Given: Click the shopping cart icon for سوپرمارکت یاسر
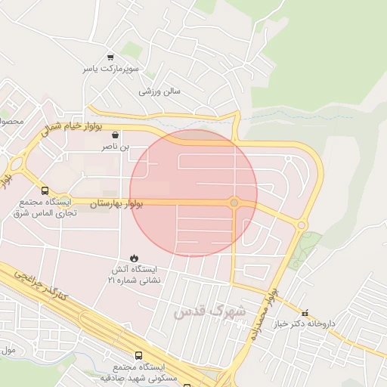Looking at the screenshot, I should [110, 57].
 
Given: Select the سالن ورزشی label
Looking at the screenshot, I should [160, 91].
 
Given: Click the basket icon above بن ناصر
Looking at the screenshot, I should [115, 135].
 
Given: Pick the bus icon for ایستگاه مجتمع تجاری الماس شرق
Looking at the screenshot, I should [45, 191].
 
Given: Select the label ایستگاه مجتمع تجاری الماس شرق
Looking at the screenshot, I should [43, 208].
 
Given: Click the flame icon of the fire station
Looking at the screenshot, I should [135, 258].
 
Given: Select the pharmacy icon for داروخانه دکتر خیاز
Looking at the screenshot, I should [305, 312].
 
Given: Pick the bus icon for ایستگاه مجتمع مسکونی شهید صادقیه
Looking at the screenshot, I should [138, 354].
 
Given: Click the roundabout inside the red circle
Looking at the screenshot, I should [234, 203].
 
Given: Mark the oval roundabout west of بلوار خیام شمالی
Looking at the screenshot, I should [16, 160].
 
